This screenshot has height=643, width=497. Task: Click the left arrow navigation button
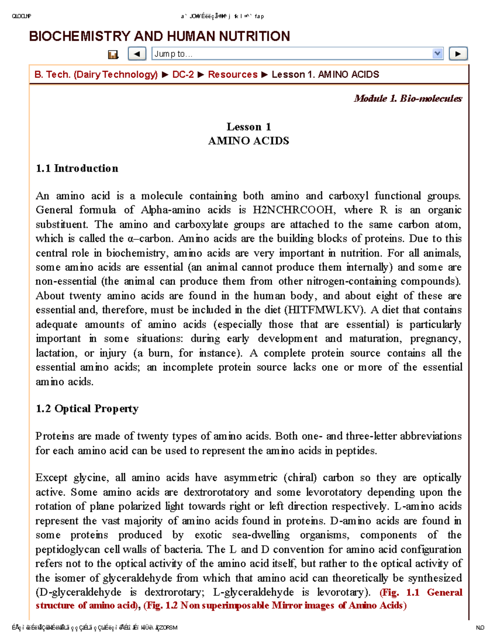pos(137,54)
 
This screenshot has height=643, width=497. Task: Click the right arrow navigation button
pos(458,54)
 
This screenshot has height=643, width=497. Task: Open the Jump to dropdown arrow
pos(437,54)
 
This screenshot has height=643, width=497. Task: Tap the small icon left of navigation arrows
pos(113,54)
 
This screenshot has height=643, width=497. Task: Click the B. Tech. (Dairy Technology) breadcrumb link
pos(96,75)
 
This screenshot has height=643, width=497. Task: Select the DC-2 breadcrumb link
pos(183,75)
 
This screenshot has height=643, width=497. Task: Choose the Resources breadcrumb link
pos(232,75)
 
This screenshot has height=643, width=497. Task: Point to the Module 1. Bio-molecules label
pos(408,99)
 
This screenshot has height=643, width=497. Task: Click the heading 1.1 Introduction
pos(77,169)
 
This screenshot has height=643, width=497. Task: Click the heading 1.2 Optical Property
pos(87,409)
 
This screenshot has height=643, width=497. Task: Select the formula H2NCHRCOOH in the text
pos(294,210)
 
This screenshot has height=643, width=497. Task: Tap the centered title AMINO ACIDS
pos(248,141)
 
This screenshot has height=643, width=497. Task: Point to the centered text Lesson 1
pos(248,127)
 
